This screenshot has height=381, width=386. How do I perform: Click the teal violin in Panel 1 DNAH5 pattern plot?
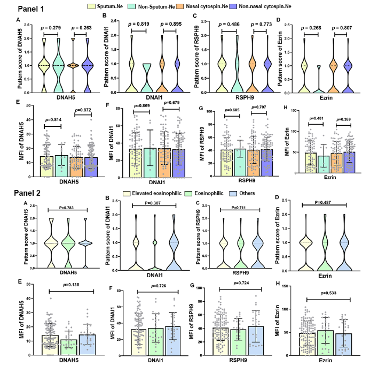click(59, 64)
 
